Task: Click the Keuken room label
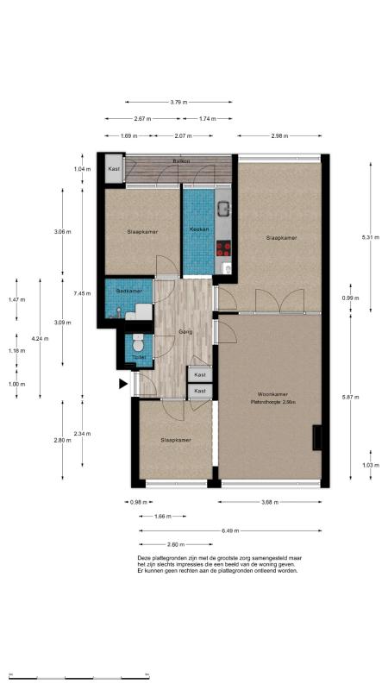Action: pos(200,229)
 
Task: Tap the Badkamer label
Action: pos(128,291)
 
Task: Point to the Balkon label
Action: pos(181,161)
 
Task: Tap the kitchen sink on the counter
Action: pos(222,209)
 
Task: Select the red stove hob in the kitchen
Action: pos(223,248)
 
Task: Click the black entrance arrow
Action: pos(123,385)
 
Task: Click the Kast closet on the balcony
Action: pos(114,170)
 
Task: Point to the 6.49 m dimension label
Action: pos(230,531)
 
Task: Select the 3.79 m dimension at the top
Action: pos(179,103)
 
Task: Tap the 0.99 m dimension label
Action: pos(349,298)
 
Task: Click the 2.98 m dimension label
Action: pos(279,136)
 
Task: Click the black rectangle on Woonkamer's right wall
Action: pos(317,438)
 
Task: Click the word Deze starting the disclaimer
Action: pos(145,558)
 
